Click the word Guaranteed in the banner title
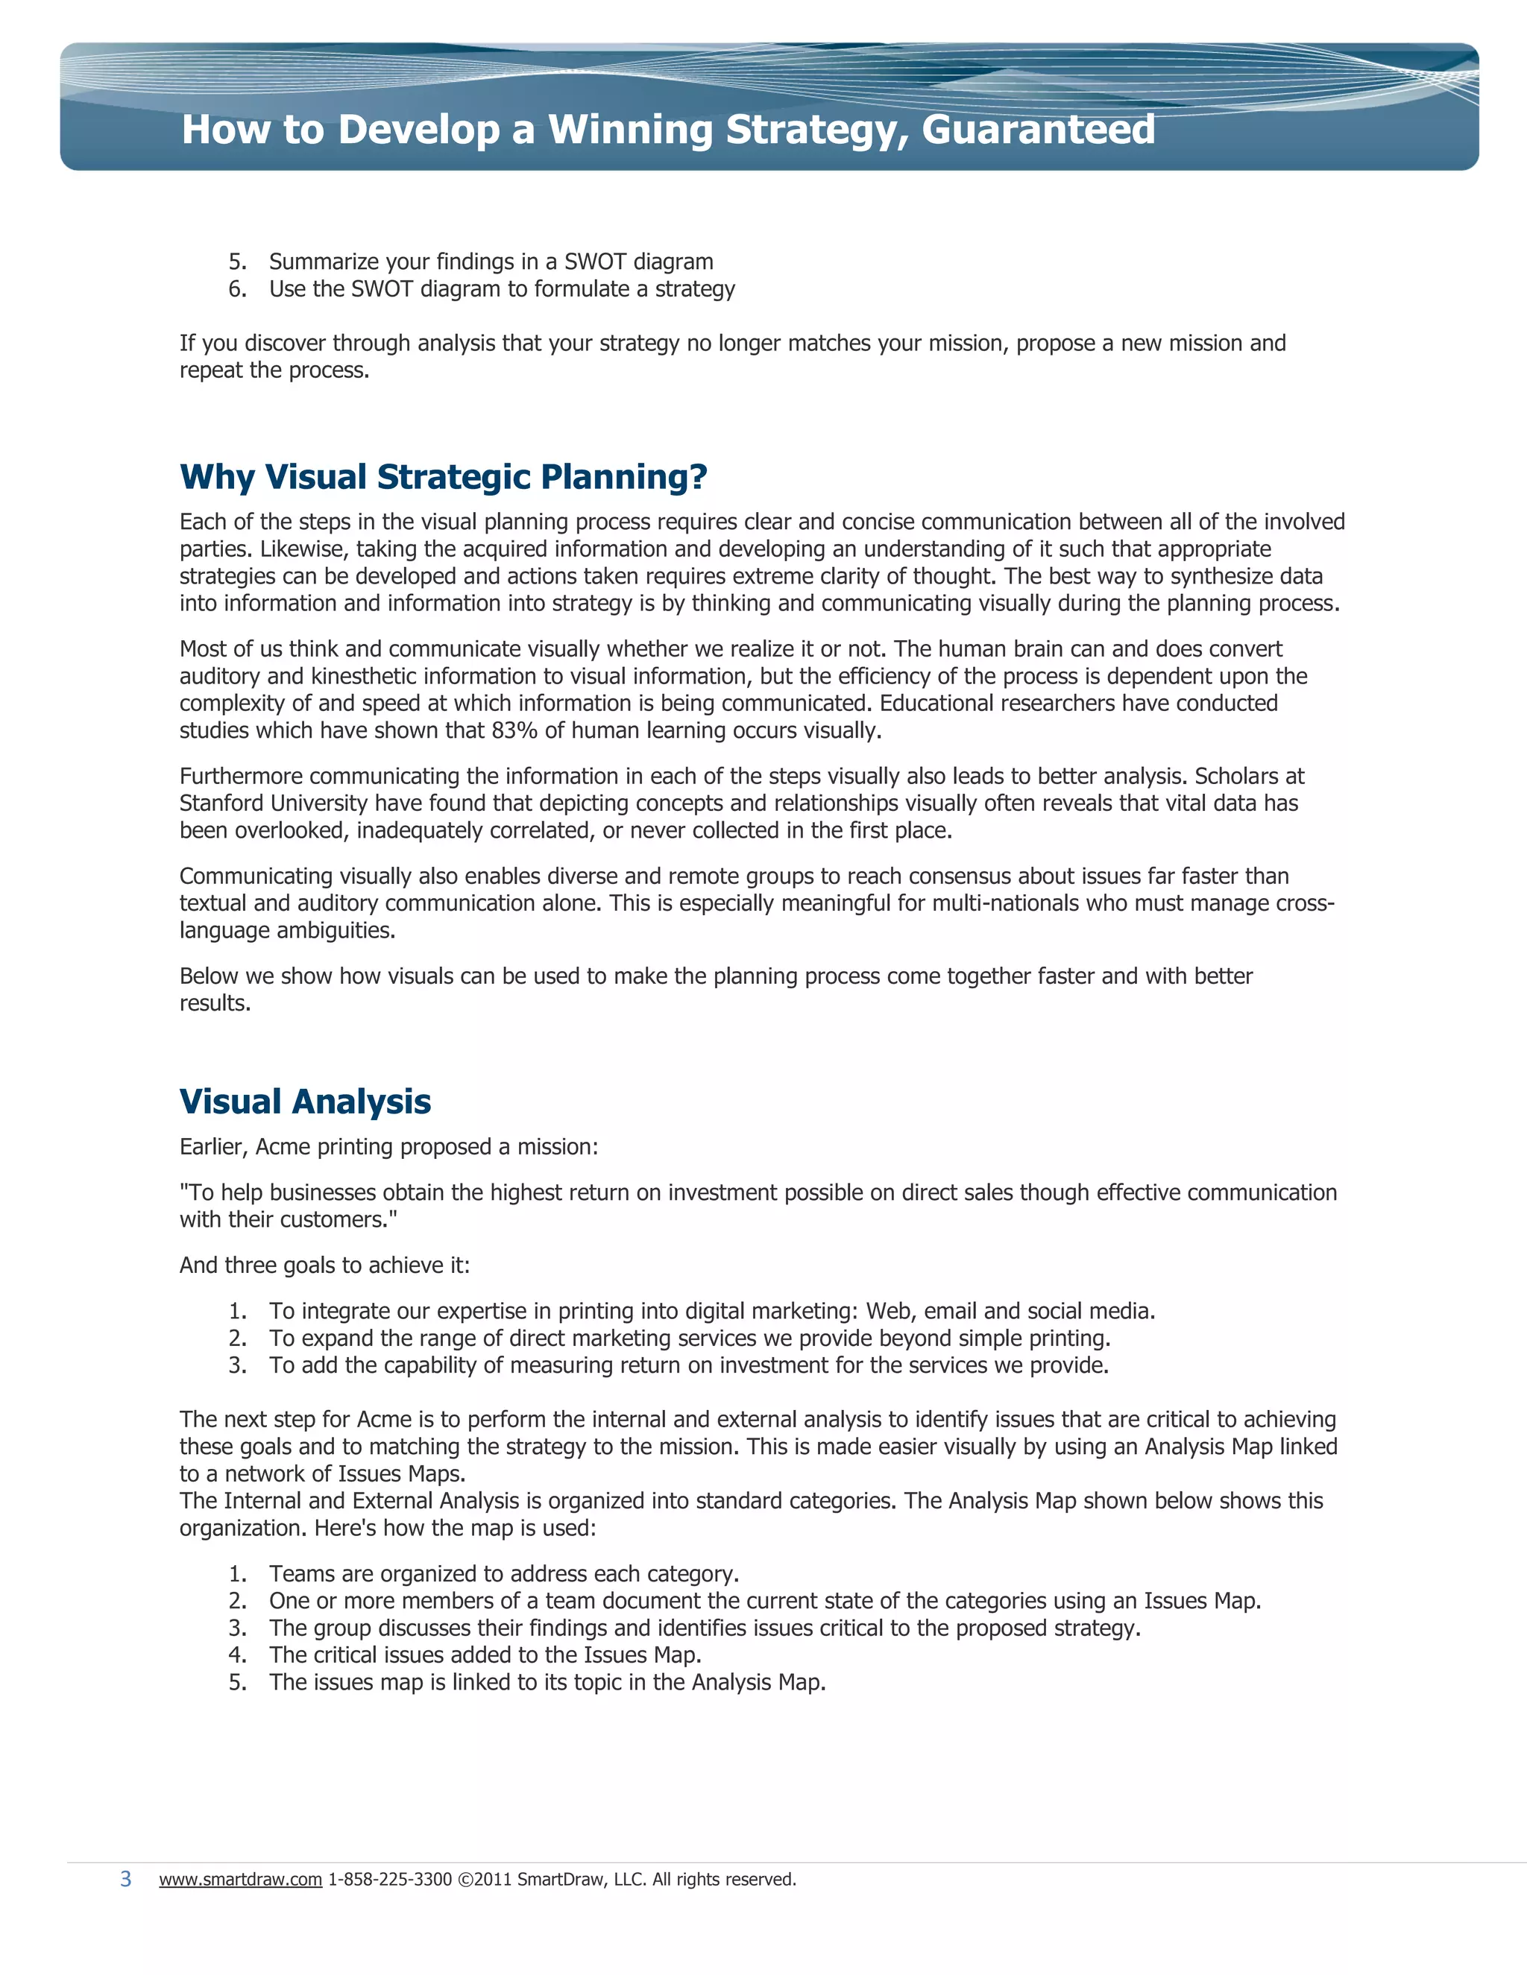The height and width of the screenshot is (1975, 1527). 1038,130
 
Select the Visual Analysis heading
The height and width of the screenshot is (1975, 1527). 305,1102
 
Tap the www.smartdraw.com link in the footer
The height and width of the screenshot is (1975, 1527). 241,1879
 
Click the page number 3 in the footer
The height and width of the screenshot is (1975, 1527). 126,1879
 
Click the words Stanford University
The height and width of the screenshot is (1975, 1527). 273,803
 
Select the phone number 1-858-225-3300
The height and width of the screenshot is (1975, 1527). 389,1879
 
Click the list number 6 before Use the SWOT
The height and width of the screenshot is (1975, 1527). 236,289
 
